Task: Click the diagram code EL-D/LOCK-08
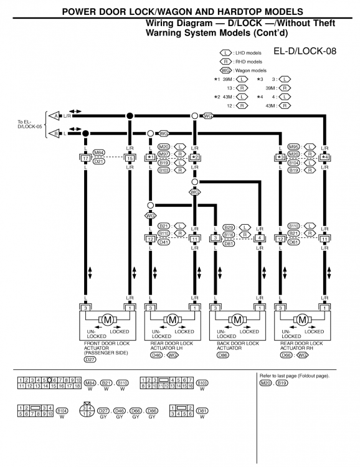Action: [305, 50]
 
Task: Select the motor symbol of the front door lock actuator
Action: [107, 320]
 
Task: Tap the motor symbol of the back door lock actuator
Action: [237, 320]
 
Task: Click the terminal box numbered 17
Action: [85, 158]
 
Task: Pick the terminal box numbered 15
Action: [130, 158]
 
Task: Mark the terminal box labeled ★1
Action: [150, 158]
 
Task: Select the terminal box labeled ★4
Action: [324, 158]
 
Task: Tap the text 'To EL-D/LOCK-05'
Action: [28, 125]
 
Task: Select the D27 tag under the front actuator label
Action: [90, 359]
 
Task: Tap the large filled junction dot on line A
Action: [130, 116]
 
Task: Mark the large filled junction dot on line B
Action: [85, 133]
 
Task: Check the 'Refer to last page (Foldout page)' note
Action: [294, 376]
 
